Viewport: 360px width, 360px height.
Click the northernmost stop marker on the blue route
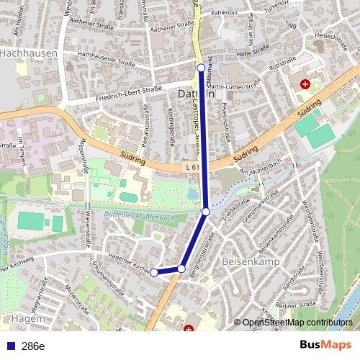pos(201,68)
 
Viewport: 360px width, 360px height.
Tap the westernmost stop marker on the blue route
pos(153,272)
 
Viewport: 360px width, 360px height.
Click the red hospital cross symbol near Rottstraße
pos(306,84)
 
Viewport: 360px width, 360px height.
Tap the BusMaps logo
pos(325,346)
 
